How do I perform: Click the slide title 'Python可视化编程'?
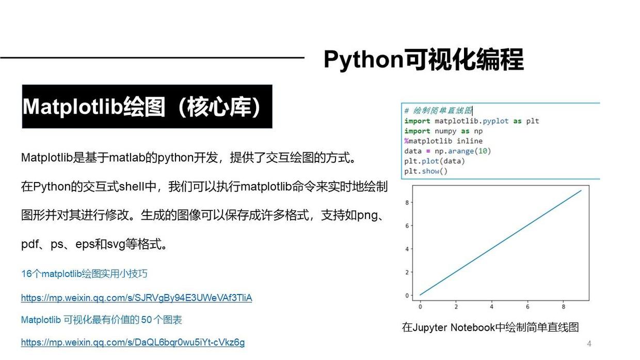[x=423, y=59]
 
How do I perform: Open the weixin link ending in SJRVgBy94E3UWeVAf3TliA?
[x=137, y=298]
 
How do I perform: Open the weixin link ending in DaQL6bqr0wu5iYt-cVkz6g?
[x=133, y=342]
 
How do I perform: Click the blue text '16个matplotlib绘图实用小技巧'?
[x=84, y=273]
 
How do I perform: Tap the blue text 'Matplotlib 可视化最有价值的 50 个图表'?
[x=102, y=319]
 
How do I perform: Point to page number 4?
[x=589, y=343]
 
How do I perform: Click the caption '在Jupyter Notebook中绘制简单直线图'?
[x=490, y=327]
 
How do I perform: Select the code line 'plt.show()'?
[x=426, y=171]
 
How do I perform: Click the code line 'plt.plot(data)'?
[x=434, y=161]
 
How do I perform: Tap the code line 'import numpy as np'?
[x=443, y=131]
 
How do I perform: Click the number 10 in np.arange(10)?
[x=482, y=151]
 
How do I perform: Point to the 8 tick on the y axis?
[x=407, y=202]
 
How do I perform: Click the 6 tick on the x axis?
[x=527, y=306]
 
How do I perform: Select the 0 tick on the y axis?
[x=407, y=296]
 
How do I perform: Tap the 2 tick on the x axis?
[x=456, y=306]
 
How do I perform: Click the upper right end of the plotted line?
[x=581, y=190]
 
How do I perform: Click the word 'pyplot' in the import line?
[x=495, y=121]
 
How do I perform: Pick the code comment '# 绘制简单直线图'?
[x=438, y=110]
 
